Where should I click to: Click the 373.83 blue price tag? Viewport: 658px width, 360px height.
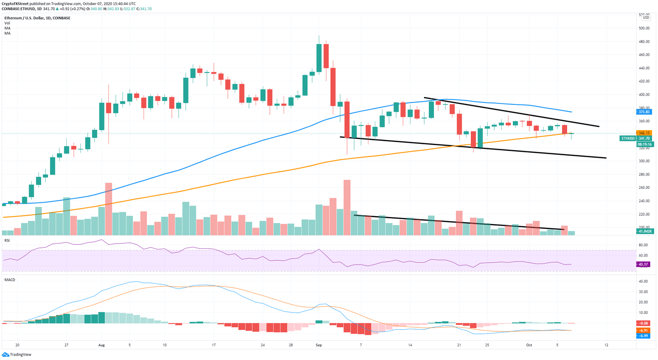tap(644, 112)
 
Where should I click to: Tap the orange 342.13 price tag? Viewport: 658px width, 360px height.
tap(644, 133)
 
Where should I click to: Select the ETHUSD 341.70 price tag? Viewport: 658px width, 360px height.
tap(636, 138)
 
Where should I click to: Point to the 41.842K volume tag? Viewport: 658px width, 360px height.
tap(644, 231)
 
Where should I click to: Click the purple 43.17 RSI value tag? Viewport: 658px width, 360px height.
tap(643, 264)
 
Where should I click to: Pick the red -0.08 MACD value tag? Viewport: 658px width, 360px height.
tap(644, 323)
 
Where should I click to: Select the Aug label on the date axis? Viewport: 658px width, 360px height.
tap(102, 345)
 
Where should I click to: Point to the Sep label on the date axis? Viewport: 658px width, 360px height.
tap(318, 345)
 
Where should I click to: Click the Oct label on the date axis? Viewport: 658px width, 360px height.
tap(529, 345)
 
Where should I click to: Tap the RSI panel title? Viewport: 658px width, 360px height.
tap(7, 241)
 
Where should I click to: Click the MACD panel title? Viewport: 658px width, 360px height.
tap(9, 280)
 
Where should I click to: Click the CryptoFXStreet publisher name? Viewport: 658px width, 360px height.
tap(15, 3)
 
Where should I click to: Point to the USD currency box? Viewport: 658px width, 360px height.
tap(646, 17)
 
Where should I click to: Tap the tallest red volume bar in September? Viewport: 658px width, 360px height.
tap(347, 207)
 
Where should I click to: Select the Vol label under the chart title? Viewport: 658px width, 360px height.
tap(7, 23)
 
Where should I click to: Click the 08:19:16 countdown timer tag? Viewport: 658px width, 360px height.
tap(644, 144)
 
